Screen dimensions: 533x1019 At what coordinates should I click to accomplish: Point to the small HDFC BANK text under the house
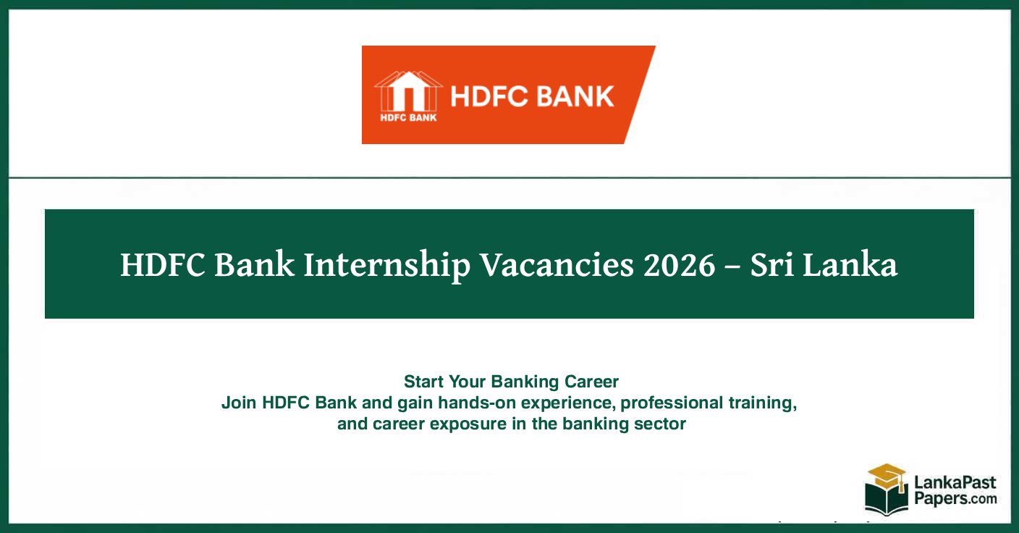[x=408, y=118]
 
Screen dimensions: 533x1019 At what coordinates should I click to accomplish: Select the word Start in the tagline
[x=424, y=382]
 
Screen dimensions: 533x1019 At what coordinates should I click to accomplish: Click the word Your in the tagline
[x=468, y=382]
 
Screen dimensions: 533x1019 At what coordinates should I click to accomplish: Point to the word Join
[x=239, y=403]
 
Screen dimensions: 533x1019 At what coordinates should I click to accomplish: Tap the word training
[x=766, y=403]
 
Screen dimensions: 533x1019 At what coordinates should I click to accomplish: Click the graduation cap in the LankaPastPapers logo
[x=887, y=476]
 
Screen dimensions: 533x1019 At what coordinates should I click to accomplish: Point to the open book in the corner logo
[x=886, y=500]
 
